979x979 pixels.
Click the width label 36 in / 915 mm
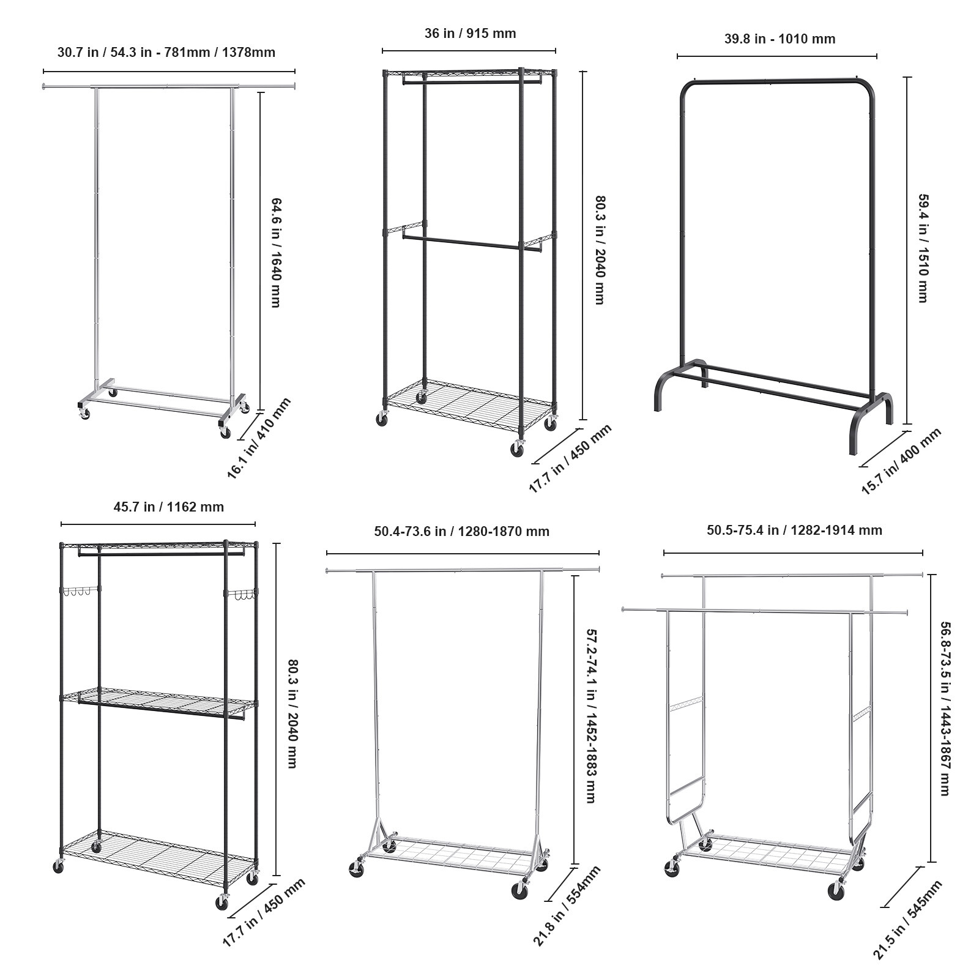(470, 34)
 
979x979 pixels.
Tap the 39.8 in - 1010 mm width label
(780, 39)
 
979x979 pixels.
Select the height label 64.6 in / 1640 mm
(275, 252)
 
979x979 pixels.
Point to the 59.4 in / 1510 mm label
(923, 248)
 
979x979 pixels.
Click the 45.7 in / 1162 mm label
(168, 507)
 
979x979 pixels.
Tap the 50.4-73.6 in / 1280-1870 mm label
(461, 532)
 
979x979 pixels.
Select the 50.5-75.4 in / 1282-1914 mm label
(794, 530)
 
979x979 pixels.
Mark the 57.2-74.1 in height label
(590, 716)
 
